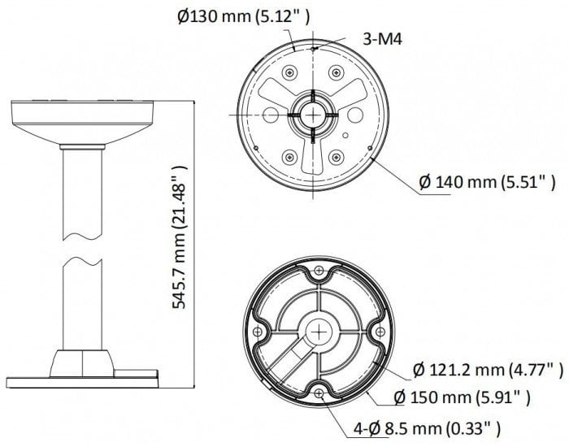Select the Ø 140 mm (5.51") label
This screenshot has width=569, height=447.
pos(487,183)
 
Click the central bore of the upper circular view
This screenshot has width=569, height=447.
pos(312,114)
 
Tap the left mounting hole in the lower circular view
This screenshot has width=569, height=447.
pos(258,332)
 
